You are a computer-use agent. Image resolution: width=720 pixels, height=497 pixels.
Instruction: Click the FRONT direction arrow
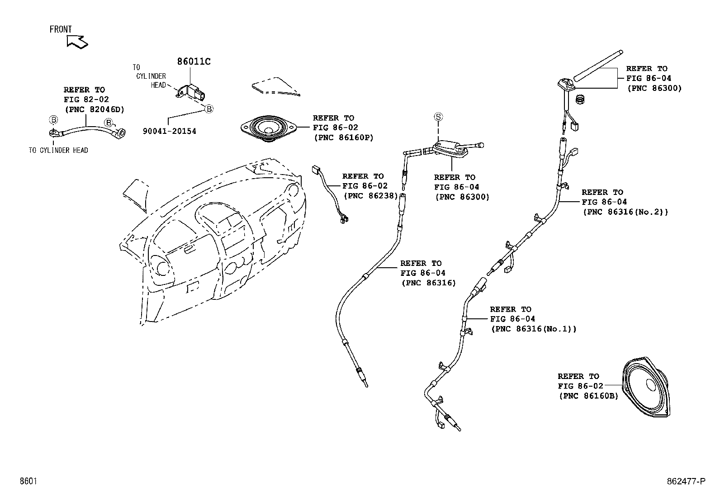pos(77,41)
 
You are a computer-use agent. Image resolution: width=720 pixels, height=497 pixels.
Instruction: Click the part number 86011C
pos(194,62)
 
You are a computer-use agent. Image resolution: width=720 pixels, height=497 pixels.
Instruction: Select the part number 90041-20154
pos(169,132)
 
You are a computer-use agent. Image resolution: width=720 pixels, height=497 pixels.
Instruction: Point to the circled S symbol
pos(438,117)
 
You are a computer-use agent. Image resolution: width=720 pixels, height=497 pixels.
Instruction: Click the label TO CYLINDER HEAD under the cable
pos(58,151)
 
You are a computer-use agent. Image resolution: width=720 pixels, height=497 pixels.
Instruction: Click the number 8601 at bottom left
pos(28,481)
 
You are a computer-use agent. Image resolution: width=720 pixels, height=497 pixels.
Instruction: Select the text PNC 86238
pos(370,196)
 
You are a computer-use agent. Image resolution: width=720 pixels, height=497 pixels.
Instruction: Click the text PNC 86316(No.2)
pos(625,212)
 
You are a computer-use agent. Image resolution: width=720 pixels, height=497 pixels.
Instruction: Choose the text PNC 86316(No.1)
pos(534,329)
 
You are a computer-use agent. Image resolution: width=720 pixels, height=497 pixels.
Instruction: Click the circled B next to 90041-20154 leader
pos(209,109)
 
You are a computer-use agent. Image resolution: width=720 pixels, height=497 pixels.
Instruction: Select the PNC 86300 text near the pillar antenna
pos(462,197)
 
